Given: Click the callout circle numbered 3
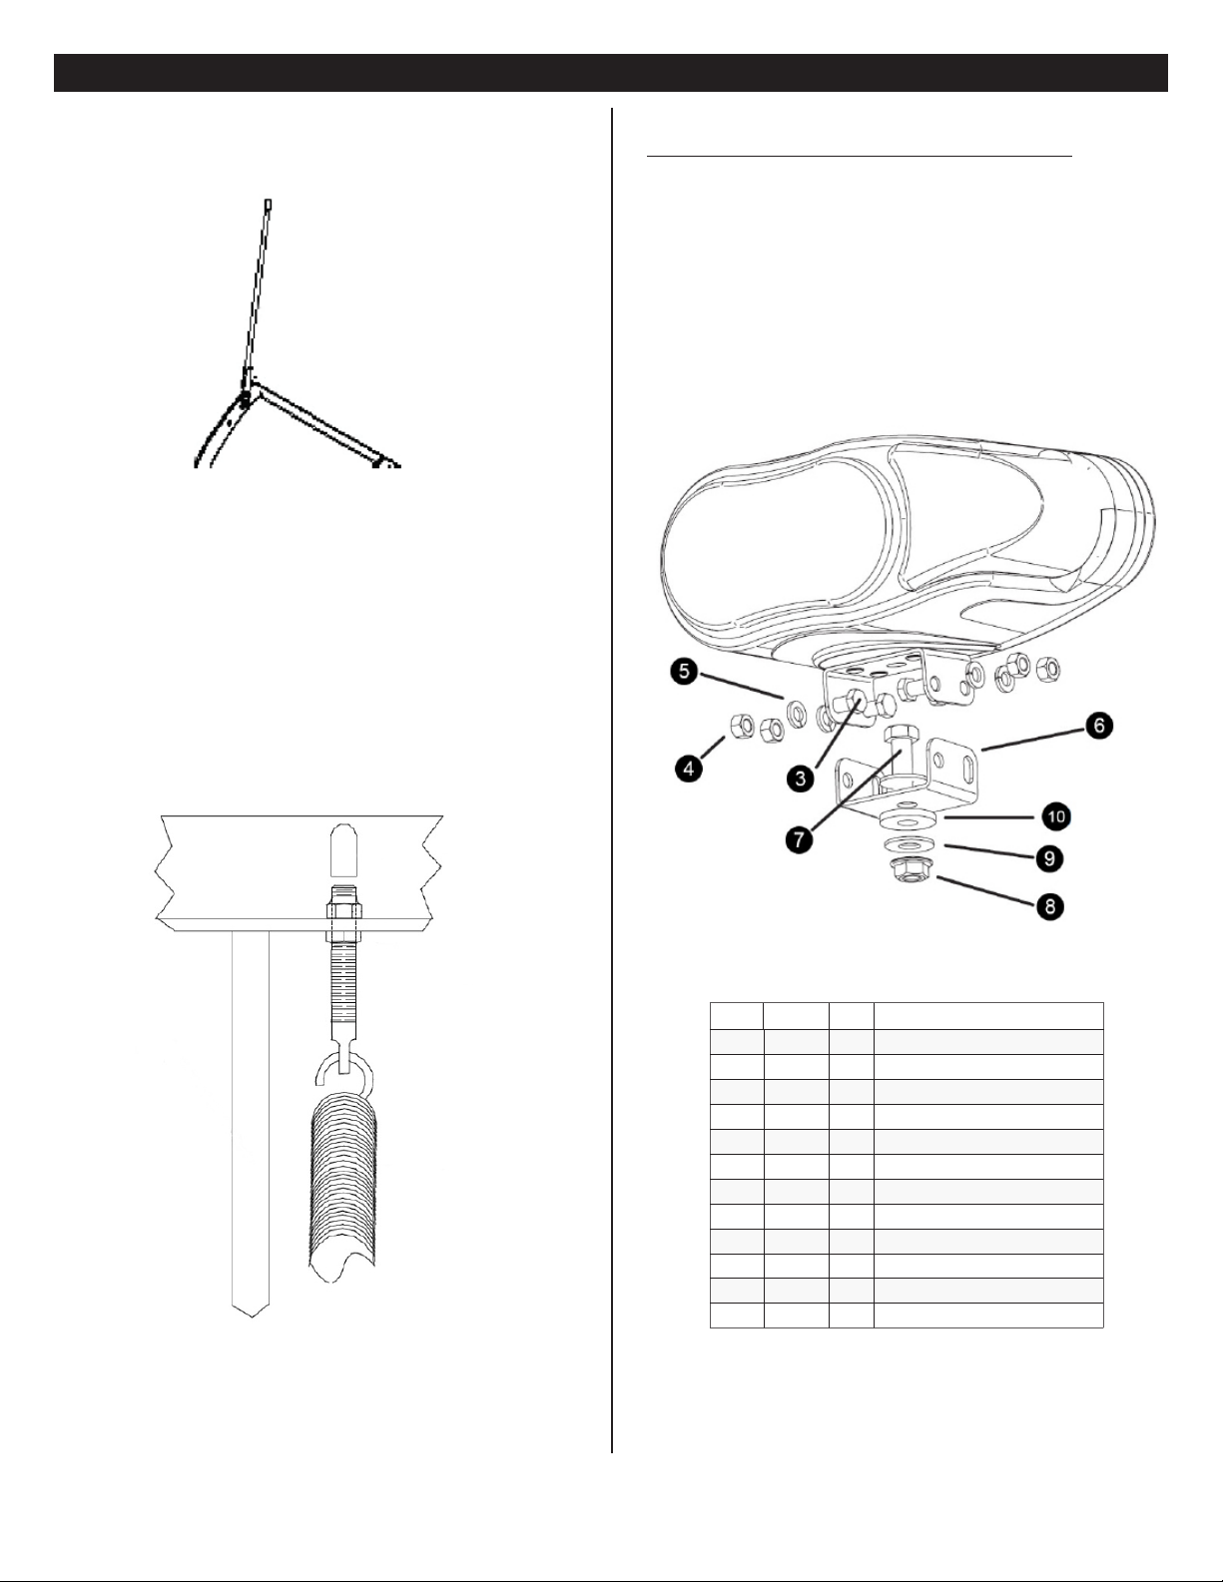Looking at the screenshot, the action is click(801, 779).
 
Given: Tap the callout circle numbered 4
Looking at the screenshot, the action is click(687, 769).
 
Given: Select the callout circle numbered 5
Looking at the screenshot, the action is click(684, 672).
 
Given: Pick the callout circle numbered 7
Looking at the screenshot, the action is click(799, 839).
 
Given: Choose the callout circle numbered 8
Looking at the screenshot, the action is click(1049, 907).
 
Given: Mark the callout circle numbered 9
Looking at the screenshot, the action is click(1049, 858).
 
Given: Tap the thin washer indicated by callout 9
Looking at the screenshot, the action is click(906, 846).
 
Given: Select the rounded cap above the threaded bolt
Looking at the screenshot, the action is click(342, 849).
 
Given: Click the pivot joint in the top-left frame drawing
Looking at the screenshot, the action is click(245, 397).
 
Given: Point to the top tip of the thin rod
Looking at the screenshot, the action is click(268, 201).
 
